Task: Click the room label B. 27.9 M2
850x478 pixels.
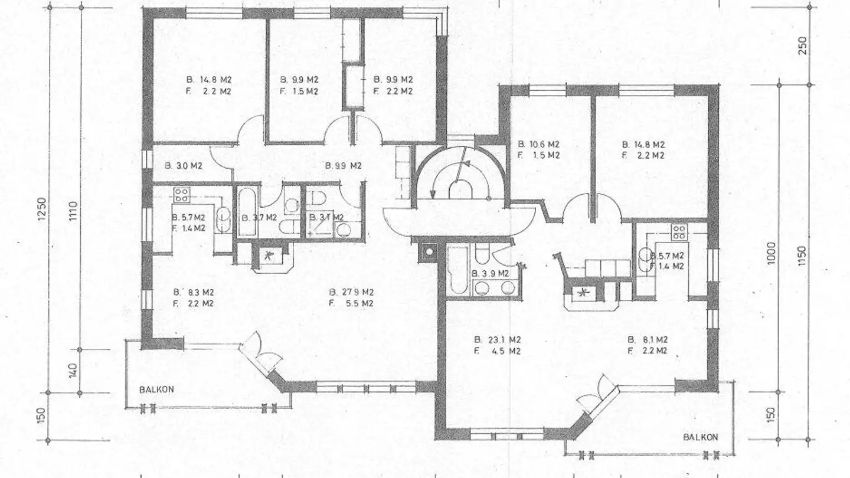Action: [352, 292]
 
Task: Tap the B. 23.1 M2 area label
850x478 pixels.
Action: [498, 340]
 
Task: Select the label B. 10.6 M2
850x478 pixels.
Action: [538, 144]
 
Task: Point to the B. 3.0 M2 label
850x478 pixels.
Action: [189, 166]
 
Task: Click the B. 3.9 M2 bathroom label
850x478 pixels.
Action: [490, 273]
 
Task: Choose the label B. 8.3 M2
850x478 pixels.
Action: [193, 292]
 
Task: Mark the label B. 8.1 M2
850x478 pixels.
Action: [647, 339]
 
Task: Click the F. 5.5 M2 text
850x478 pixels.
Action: [352, 304]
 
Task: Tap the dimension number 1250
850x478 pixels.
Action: [41, 209]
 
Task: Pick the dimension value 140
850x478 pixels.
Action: [73, 371]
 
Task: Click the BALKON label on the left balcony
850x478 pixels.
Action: [156, 390]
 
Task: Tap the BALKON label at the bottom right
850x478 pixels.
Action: [700, 437]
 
